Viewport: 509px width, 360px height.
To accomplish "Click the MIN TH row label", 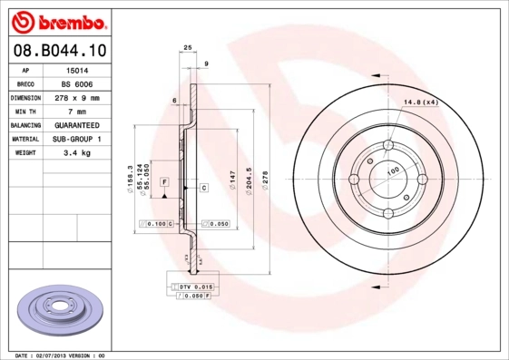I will pos(25,111).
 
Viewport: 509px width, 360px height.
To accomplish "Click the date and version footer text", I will pos(61,355).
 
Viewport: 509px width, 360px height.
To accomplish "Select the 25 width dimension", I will pos(188,47).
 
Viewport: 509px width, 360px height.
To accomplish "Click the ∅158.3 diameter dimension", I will pos(132,172).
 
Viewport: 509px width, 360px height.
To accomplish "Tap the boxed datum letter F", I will pos(164,182).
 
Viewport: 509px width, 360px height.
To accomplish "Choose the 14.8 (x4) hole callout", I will pos(421,102).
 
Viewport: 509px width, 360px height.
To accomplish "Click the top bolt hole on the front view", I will pos(388,145).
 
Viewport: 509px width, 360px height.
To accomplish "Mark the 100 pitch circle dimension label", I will pos(393,170).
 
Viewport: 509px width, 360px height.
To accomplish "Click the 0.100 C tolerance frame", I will pos(156,222).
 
